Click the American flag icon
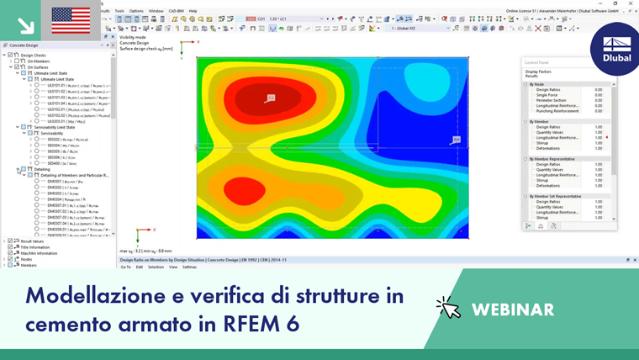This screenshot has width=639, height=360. (71, 19)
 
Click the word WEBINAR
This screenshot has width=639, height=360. (512, 310)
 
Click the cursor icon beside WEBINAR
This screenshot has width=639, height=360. (448, 308)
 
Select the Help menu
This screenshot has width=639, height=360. (193, 11)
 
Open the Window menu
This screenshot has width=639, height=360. (156, 11)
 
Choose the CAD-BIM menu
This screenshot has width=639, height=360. (177, 11)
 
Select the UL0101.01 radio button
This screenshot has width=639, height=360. (36, 86)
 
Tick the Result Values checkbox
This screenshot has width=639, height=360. (11, 241)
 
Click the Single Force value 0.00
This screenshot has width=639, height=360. (598, 95)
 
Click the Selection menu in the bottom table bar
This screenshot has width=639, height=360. (156, 267)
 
